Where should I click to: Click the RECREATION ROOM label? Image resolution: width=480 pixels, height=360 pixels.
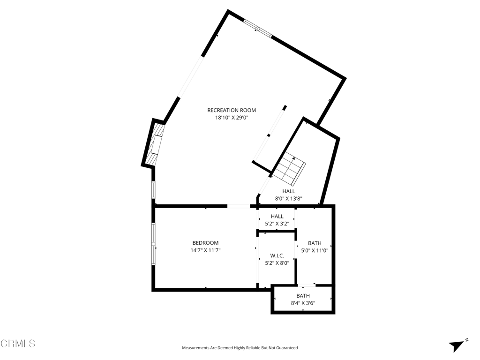[232, 110]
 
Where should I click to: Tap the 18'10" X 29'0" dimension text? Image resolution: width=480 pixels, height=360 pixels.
[232, 118]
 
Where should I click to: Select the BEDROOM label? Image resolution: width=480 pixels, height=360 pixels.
[205, 243]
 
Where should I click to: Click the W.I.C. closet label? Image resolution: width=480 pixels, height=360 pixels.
[277, 255]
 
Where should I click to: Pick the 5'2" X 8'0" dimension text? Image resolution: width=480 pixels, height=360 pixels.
[277, 263]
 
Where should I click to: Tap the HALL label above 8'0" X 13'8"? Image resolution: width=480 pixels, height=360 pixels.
[288, 191]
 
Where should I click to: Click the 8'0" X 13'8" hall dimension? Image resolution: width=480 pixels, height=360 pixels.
[288, 199]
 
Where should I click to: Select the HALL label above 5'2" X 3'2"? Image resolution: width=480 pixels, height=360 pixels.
[277, 216]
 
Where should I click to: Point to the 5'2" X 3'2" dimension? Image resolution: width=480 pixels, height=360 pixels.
[277, 224]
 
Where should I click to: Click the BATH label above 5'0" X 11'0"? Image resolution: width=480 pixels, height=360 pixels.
[315, 243]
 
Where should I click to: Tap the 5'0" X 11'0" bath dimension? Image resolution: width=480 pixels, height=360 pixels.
[315, 250]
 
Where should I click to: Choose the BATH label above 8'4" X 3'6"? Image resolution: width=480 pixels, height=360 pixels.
[303, 295]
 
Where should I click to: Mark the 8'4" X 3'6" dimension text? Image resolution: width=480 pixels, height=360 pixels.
[303, 303]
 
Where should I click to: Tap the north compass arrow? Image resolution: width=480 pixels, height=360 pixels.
[457, 345]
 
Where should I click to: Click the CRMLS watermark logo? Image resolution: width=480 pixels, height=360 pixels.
[18, 344]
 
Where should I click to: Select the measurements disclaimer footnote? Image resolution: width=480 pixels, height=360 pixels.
[240, 348]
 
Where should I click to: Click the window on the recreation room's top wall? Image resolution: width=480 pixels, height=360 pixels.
[258, 28]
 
